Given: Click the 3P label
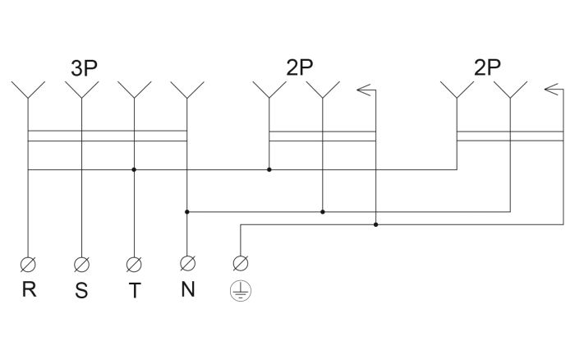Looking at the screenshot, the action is tap(84, 68).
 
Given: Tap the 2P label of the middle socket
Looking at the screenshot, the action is tap(299, 67).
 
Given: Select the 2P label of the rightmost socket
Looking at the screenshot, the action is tap(487, 67).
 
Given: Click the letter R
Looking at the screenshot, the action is tap(30, 289).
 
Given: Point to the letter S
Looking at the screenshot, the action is tap(82, 290).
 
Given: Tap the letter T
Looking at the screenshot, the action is tap(135, 290).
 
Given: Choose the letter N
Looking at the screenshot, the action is tap(188, 288).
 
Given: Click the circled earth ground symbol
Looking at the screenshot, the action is tap(241, 291).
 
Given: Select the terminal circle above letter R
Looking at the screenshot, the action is tap(28, 264).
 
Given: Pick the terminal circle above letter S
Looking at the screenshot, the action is tap(81, 264).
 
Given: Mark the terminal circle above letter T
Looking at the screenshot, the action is tap(134, 264).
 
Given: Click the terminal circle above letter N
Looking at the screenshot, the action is tap(187, 263).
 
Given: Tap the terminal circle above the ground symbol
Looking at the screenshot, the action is tap(241, 263).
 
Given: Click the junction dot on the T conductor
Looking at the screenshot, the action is tap(134, 169).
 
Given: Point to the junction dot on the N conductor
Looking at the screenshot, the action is tap(187, 212).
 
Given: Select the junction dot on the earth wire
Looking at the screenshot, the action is tap(375, 224).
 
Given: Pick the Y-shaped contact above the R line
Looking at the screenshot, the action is tap(28, 90).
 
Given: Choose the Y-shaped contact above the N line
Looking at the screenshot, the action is tap(187, 90).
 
